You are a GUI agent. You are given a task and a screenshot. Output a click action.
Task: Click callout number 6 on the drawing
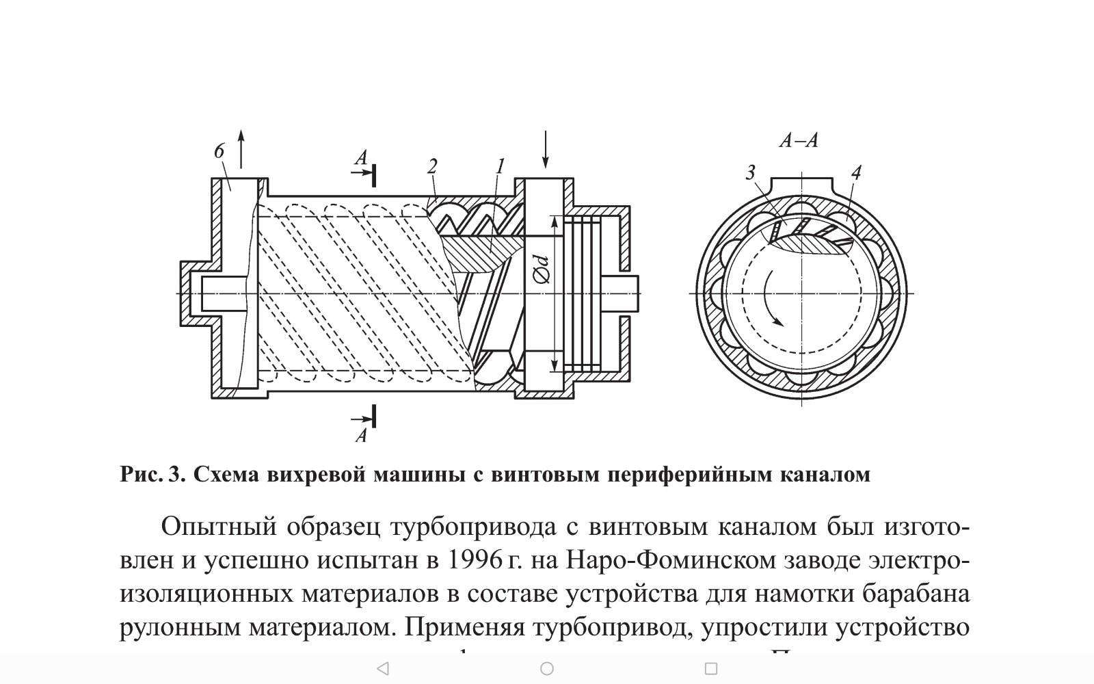click(x=219, y=151)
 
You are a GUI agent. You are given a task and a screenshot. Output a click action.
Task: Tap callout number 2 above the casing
click(x=432, y=166)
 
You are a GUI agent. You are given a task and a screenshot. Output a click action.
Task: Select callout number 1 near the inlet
click(x=500, y=166)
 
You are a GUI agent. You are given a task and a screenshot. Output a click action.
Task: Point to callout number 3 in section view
click(x=750, y=172)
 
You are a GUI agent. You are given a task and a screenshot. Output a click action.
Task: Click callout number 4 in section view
click(x=855, y=172)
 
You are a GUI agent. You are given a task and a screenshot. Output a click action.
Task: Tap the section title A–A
click(x=799, y=141)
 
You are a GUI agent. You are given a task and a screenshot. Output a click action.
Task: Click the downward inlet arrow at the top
click(x=545, y=148)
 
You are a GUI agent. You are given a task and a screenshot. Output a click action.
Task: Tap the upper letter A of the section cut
click(x=361, y=159)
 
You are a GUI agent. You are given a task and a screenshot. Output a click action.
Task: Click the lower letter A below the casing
click(x=361, y=435)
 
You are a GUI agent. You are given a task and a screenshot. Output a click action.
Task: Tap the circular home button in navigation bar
click(x=546, y=668)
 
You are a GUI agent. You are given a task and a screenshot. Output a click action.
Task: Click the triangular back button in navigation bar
click(x=383, y=668)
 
